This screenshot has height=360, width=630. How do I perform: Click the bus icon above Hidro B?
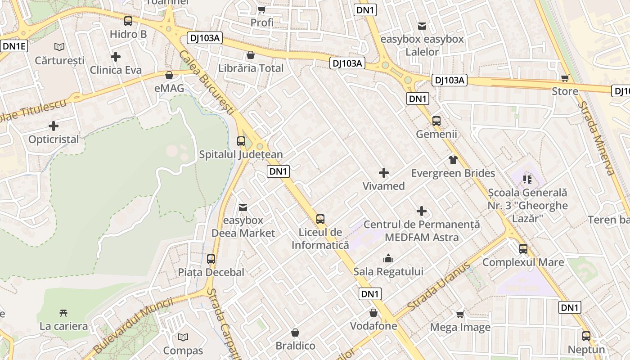click(x=128, y=21)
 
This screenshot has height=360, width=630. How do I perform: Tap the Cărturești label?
click(x=59, y=60)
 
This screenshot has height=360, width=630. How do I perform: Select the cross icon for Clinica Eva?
click(x=116, y=57)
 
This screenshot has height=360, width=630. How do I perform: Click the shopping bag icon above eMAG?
click(x=169, y=75)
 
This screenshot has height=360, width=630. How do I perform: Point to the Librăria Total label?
click(x=251, y=68)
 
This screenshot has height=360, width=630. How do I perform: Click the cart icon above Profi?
click(x=261, y=9)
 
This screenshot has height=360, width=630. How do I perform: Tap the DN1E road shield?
click(x=15, y=46)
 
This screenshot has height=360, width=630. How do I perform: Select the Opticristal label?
click(x=54, y=139)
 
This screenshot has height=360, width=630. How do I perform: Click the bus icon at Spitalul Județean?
click(x=241, y=141)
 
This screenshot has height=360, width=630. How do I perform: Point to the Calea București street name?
click(x=207, y=83)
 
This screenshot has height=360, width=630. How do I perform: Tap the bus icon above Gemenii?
click(x=436, y=121)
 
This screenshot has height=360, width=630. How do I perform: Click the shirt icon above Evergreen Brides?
click(x=453, y=160)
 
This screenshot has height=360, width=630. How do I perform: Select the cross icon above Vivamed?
click(x=384, y=173)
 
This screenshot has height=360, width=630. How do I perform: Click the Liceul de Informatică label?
click(x=320, y=239)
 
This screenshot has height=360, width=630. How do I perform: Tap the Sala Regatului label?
click(x=388, y=272)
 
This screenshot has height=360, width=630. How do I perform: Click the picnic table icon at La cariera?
click(x=63, y=313)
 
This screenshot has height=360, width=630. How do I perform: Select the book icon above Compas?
click(x=183, y=337)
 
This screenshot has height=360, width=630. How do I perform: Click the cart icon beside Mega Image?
click(x=460, y=314)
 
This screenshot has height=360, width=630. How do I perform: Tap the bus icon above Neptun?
click(x=586, y=336)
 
